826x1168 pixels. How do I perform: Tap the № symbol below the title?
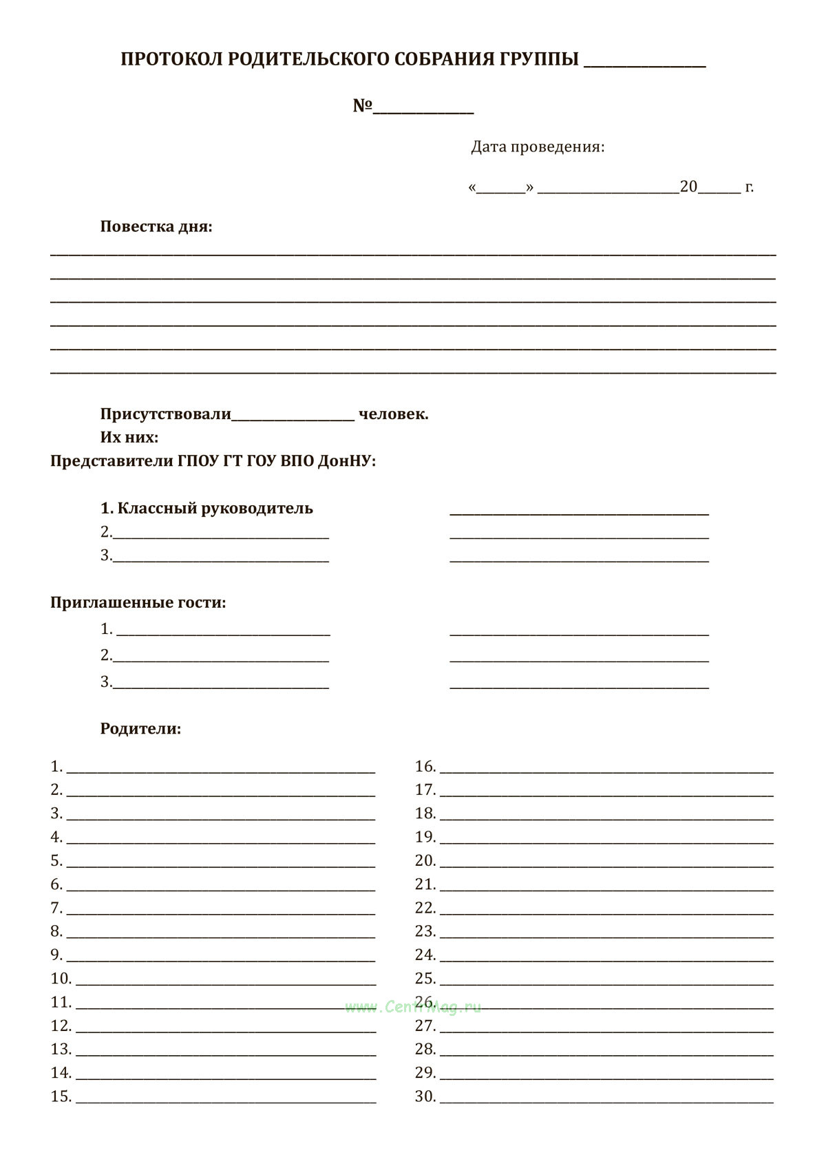click(363, 106)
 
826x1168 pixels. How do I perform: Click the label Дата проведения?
click(538, 147)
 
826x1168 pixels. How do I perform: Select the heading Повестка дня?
click(156, 226)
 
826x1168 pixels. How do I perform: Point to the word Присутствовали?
click(165, 414)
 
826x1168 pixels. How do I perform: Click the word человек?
click(393, 414)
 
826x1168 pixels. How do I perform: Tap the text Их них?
click(129, 438)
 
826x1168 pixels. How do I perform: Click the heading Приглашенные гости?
click(138, 603)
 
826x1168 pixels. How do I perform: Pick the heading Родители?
click(140, 729)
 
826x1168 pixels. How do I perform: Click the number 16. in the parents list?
click(425, 767)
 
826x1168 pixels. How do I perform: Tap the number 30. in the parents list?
click(425, 1096)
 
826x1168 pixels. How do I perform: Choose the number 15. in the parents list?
click(61, 1096)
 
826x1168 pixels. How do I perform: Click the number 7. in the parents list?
click(56, 909)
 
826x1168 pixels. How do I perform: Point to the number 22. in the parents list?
click(425, 909)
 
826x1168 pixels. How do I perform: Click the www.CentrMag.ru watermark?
click(413, 1008)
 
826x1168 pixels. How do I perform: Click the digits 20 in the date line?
click(688, 187)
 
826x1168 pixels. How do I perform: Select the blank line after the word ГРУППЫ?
click(644, 65)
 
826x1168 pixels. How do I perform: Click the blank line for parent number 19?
click(606, 842)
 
